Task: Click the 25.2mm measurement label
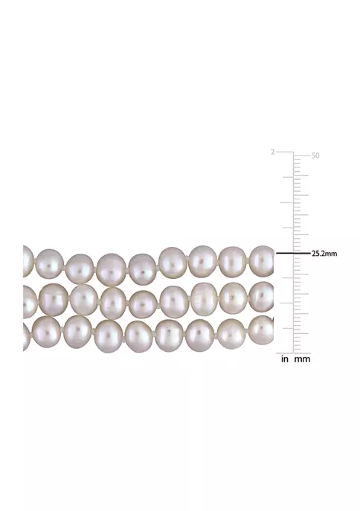(x=324, y=254)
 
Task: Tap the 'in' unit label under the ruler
(x=285, y=359)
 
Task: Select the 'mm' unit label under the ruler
(x=302, y=359)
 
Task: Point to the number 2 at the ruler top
(x=273, y=152)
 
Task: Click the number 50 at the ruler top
(x=315, y=155)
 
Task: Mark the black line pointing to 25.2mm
(x=293, y=253)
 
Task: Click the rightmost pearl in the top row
(x=263, y=261)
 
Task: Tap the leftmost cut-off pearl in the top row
(x=28, y=261)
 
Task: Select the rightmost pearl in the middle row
(x=263, y=297)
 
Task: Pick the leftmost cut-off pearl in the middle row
(x=30, y=301)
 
